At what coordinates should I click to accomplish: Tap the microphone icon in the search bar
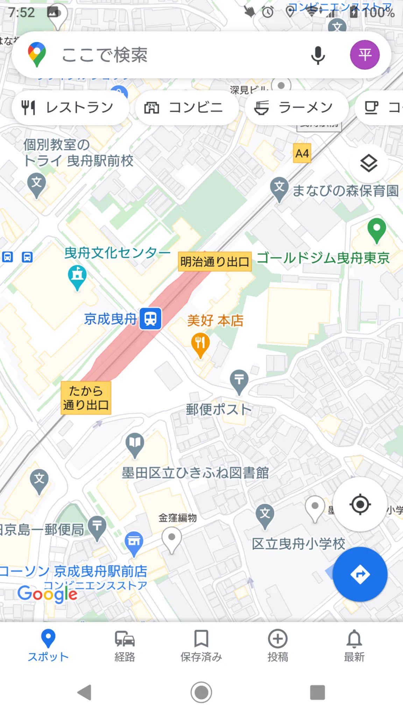tap(318, 55)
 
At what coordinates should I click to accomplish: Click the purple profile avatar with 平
tap(365, 55)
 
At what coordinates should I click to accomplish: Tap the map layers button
tap(369, 163)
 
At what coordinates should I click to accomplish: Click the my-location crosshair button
tap(360, 504)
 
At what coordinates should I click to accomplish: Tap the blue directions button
tap(360, 574)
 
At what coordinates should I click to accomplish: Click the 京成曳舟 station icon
tap(150, 319)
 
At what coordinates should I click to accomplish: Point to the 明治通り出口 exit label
tap(215, 262)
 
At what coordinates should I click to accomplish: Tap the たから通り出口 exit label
tap(86, 398)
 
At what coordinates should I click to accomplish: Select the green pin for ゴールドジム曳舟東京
tap(377, 230)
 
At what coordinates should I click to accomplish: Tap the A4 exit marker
tap(302, 153)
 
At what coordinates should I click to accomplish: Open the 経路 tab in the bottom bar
tap(125, 645)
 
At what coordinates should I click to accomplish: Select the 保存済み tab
tap(201, 645)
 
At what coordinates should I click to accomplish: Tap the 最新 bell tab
tap(354, 645)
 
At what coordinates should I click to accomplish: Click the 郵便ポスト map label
tap(219, 409)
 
